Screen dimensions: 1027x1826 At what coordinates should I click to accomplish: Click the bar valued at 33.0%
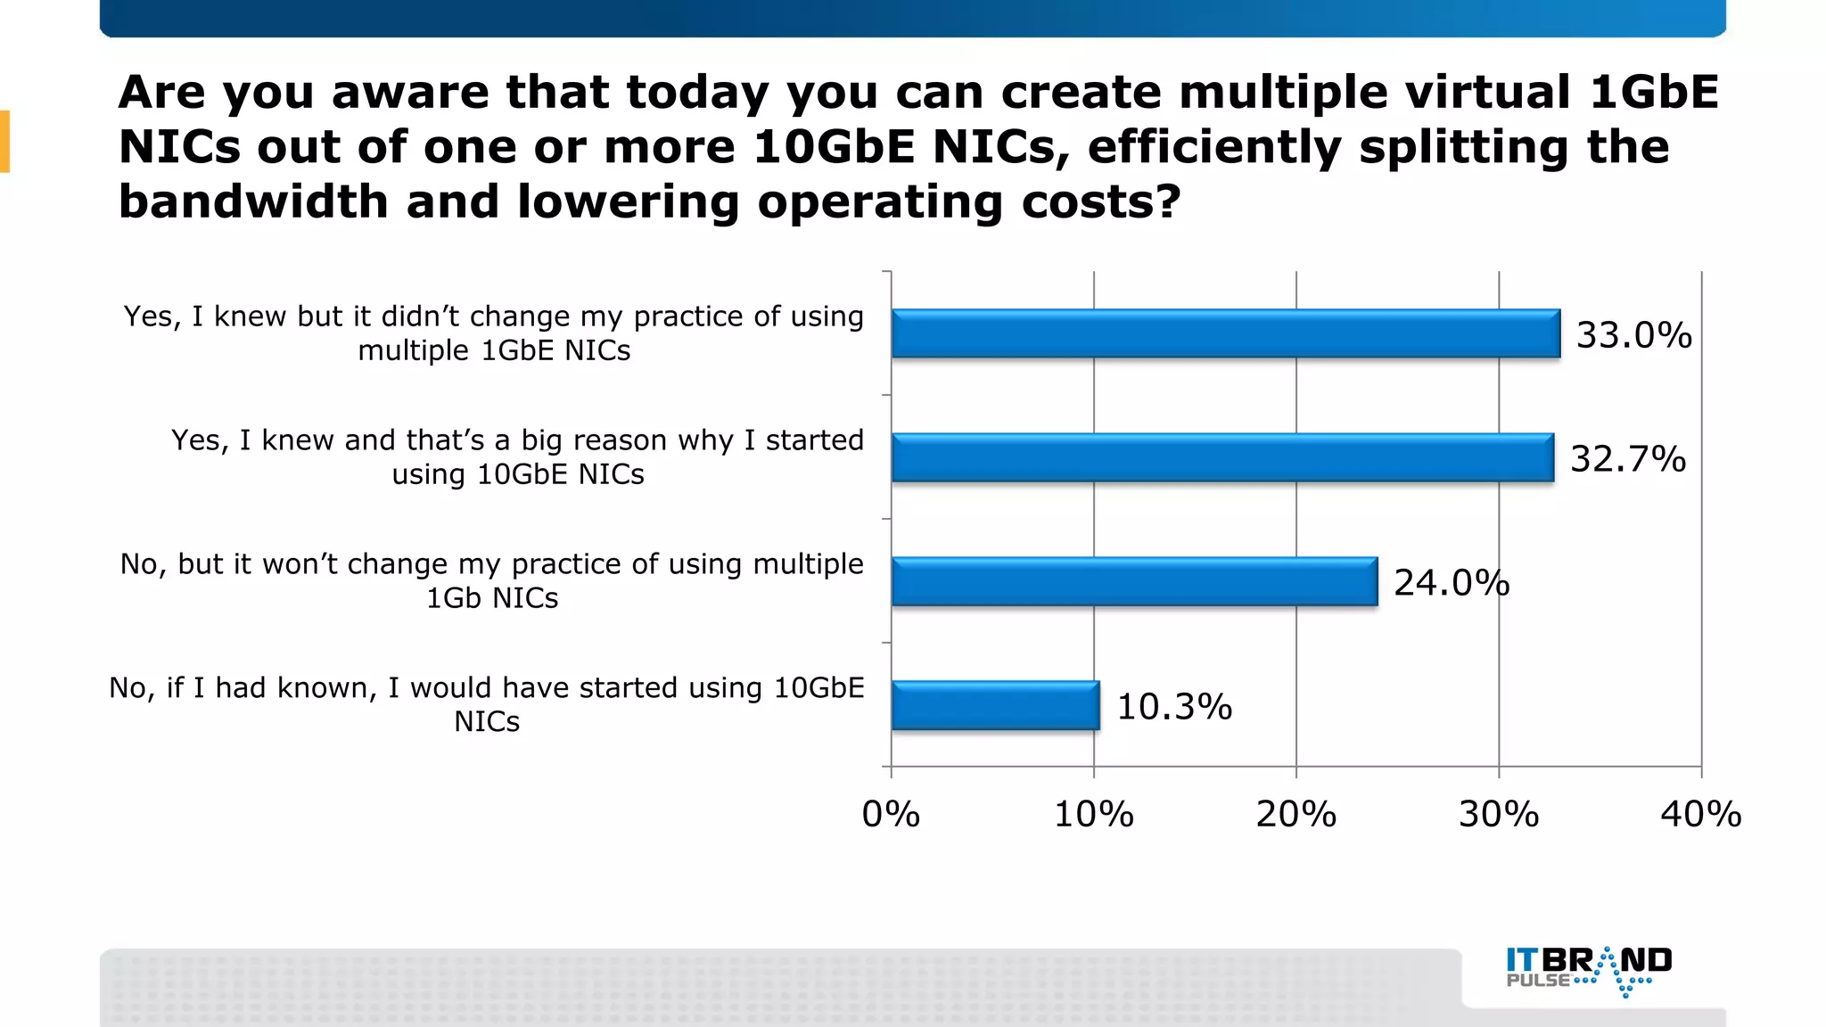click(x=1226, y=333)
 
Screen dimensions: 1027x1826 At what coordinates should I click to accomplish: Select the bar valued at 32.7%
click(x=1222, y=457)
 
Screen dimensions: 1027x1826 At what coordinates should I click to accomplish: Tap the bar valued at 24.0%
click(x=1134, y=581)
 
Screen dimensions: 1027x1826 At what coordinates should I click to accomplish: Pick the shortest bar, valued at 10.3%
click(x=995, y=705)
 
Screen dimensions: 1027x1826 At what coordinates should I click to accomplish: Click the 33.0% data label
click(x=1633, y=335)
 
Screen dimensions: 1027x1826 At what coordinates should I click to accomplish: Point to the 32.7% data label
click(x=1627, y=459)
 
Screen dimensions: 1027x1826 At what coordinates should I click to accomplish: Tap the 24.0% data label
click(x=1451, y=583)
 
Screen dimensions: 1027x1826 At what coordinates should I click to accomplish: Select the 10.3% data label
click(x=1173, y=707)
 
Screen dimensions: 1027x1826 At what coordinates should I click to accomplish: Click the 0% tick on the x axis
click(x=891, y=814)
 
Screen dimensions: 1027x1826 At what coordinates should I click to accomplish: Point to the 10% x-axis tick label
click(x=1093, y=814)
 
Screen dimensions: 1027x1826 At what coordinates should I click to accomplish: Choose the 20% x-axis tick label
click(x=1295, y=814)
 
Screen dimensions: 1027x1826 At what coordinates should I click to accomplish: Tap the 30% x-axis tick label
click(x=1498, y=814)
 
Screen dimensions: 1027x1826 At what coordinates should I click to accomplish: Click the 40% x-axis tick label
click(x=1700, y=814)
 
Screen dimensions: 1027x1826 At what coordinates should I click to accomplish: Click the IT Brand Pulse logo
click(x=1589, y=970)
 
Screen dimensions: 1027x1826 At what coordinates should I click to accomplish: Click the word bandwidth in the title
click(x=252, y=201)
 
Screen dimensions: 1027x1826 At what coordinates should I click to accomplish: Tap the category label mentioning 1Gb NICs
click(x=492, y=580)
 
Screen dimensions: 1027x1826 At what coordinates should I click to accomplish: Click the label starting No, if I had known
click(x=487, y=703)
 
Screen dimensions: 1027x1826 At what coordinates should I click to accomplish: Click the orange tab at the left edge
click(x=4, y=141)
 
